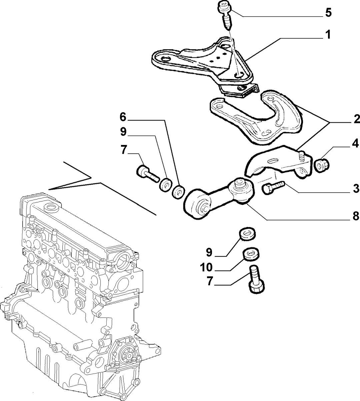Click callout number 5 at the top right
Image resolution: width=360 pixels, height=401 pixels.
[x=328, y=13]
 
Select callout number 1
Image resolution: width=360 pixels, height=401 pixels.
[x=328, y=35]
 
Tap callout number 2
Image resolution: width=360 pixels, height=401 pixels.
[x=356, y=119]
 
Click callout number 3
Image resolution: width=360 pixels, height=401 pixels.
[x=356, y=188]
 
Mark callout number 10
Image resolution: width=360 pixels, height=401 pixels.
[x=206, y=267]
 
